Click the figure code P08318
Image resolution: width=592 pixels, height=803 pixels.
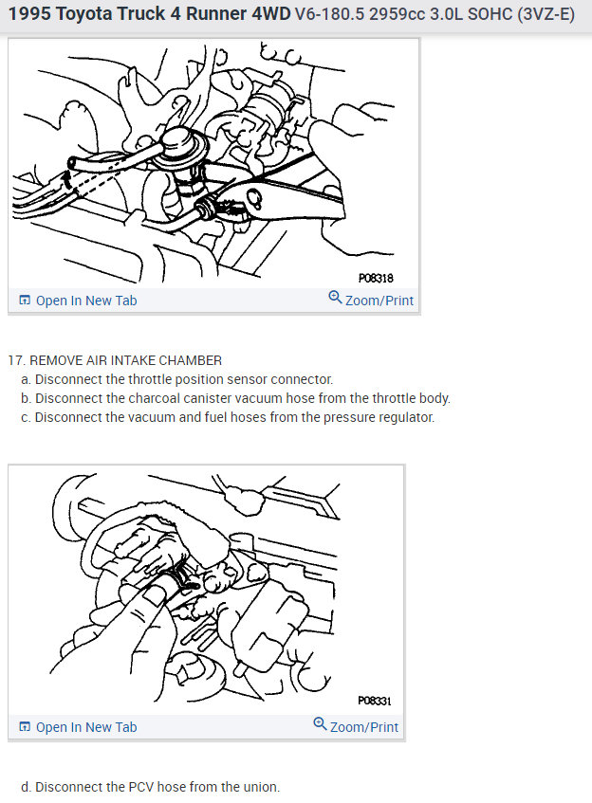point(376,278)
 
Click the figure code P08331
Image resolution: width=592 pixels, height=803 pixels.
point(375,701)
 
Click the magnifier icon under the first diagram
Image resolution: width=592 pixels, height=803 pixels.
point(335,297)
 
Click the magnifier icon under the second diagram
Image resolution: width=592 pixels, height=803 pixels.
point(320,723)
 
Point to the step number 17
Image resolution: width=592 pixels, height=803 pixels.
point(16,360)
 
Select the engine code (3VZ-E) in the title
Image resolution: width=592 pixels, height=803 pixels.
point(546,14)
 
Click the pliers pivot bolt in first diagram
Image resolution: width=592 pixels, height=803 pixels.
point(253,196)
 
